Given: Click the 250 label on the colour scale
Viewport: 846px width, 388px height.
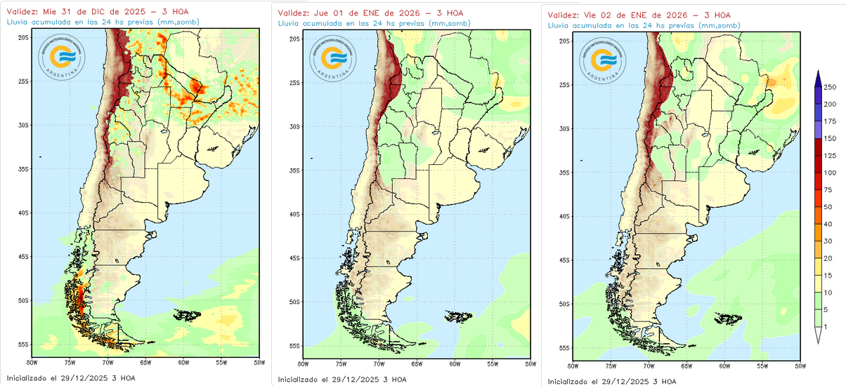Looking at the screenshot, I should [830, 87].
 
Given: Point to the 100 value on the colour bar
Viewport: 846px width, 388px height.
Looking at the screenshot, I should [830, 173].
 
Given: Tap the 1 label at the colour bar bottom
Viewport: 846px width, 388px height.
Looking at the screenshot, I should [825, 326].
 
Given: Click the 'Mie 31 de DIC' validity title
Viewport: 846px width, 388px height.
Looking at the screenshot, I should [97, 11].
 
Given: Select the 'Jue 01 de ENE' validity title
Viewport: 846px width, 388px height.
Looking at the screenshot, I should [370, 13].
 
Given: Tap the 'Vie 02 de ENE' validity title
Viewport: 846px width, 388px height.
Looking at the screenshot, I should [639, 14].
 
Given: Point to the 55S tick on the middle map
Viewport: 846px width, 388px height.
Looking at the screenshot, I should [294, 346].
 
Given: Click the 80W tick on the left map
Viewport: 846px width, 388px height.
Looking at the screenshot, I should [32, 362].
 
